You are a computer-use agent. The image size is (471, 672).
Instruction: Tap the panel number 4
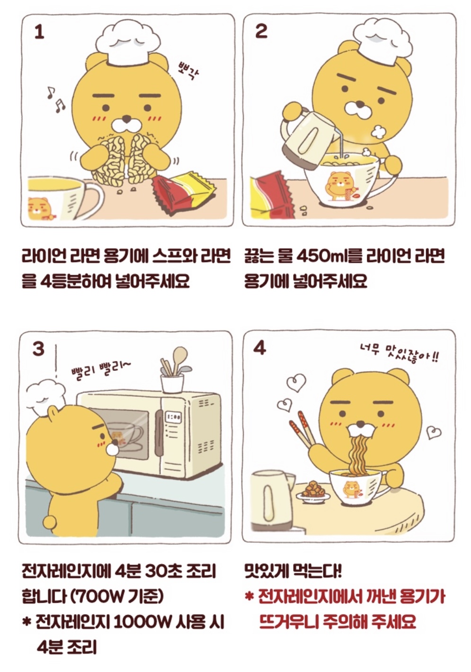(x=259, y=348)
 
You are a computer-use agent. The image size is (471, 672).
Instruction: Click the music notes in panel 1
(x=56, y=99)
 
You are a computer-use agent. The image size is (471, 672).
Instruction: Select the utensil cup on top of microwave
(x=172, y=383)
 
